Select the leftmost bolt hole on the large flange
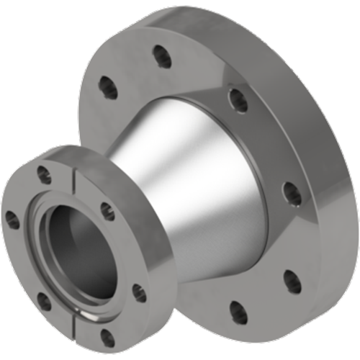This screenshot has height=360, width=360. coord(108,88)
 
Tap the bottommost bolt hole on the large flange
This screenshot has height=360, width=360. coord(238,312)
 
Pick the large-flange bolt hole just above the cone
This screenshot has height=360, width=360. coord(238,100)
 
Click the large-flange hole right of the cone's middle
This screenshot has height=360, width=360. coord(292,192)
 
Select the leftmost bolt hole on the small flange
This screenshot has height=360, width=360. coord(12,220)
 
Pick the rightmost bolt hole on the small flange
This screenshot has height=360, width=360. coord(139,293)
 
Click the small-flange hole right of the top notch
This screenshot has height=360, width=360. coord(107,211)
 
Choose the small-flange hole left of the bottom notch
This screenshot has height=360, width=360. coord(44,301)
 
